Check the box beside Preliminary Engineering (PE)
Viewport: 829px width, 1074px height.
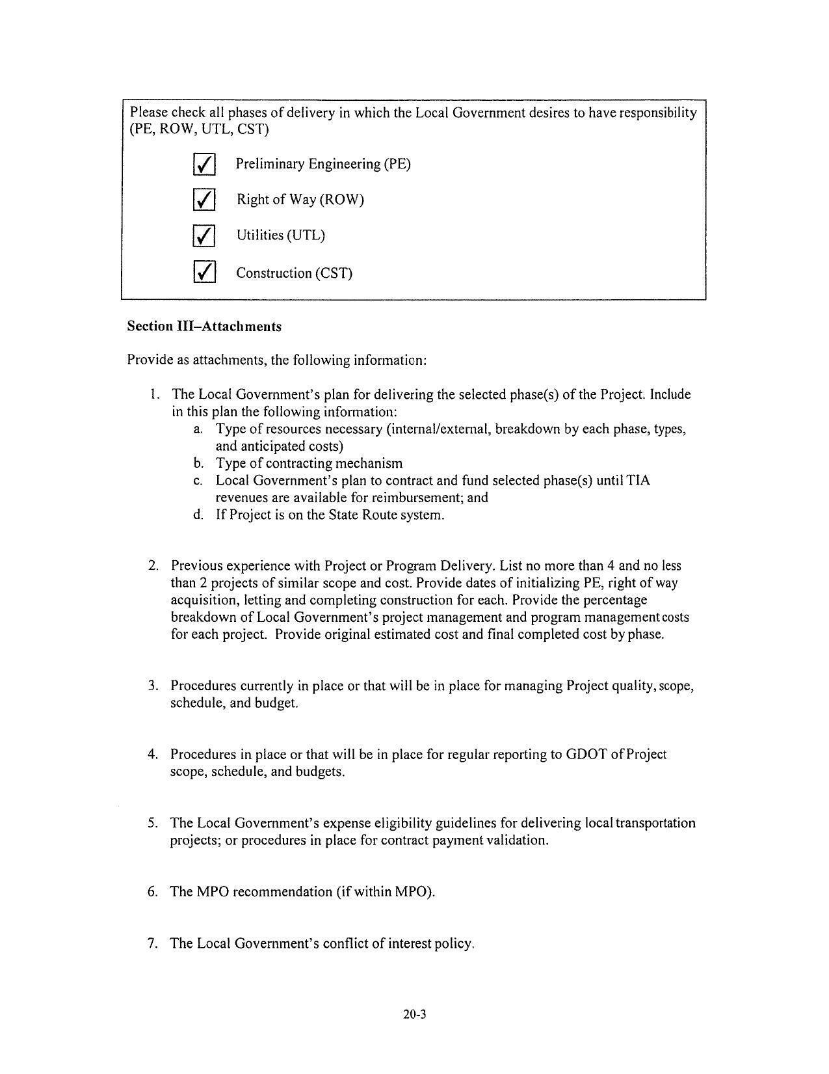(204, 165)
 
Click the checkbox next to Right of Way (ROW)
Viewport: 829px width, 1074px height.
(204, 200)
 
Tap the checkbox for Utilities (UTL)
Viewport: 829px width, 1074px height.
(204, 235)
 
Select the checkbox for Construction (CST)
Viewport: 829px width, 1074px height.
(204, 272)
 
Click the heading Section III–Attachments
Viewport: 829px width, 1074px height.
(204, 327)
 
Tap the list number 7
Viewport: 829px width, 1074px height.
(152, 943)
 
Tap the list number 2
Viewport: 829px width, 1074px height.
(153, 566)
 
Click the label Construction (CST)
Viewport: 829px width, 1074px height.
(294, 273)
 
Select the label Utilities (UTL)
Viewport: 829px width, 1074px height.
(280, 235)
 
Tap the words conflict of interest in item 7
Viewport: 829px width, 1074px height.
(358, 943)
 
